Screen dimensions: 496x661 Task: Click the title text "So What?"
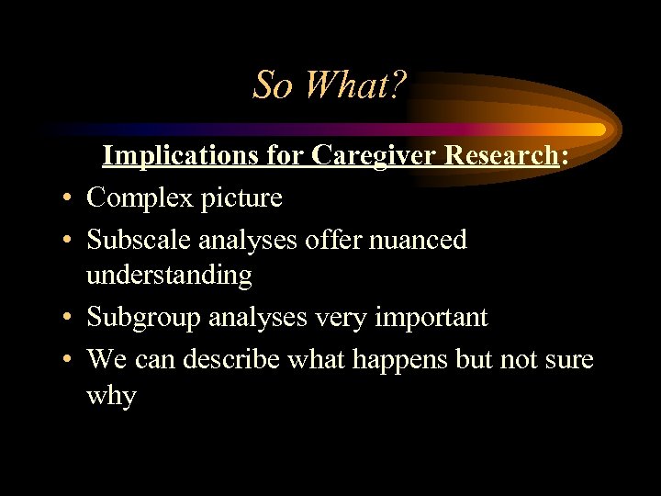tap(330, 85)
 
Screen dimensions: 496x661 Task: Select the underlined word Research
tap(502, 156)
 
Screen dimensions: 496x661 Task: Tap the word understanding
tap(169, 275)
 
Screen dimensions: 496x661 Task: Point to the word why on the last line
tap(111, 397)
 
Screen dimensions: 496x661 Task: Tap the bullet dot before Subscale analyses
tap(69, 242)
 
